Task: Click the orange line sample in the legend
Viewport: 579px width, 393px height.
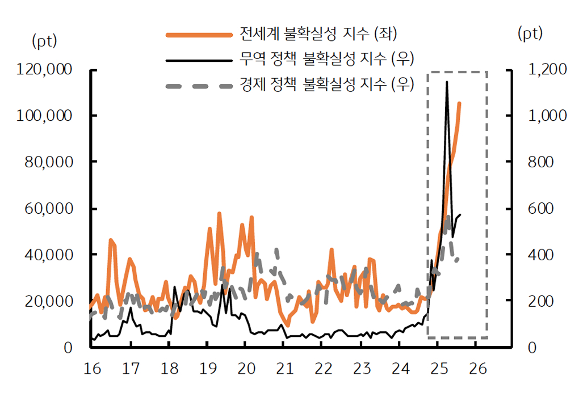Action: pyautogui.click(x=199, y=35)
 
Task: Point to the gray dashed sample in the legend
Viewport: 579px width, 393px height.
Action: pyautogui.click(x=199, y=86)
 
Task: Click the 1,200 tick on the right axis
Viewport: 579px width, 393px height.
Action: pyautogui.click(x=547, y=70)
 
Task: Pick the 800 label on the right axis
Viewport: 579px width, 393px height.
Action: pyautogui.click(x=542, y=162)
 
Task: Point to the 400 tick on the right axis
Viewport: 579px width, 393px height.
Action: pyautogui.click(x=542, y=255)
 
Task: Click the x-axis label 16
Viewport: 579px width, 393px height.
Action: pyautogui.click(x=92, y=369)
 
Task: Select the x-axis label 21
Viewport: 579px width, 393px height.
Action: pyautogui.click(x=284, y=369)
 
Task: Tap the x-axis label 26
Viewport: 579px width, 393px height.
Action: pyautogui.click(x=476, y=369)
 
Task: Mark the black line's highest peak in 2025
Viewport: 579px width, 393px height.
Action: pyautogui.click(x=447, y=82)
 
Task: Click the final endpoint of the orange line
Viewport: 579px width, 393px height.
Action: pyautogui.click(x=459, y=103)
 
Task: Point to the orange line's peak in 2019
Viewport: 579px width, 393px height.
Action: pyautogui.click(x=219, y=214)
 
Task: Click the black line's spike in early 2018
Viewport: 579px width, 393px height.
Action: pyautogui.click(x=174, y=287)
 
